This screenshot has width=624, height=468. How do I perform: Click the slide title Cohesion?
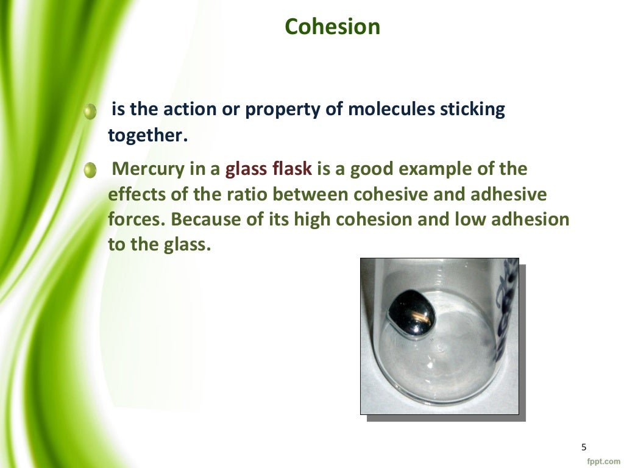click(x=333, y=27)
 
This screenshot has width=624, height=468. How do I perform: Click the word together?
click(x=145, y=136)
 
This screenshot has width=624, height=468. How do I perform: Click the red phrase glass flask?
click(x=269, y=169)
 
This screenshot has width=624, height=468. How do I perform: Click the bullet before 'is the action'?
click(x=90, y=112)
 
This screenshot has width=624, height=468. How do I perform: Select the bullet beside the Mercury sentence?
click(x=90, y=171)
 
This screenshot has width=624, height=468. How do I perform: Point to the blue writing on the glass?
click(x=505, y=305)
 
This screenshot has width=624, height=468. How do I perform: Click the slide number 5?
click(x=583, y=447)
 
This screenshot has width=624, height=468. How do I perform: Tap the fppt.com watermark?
click(x=603, y=461)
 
